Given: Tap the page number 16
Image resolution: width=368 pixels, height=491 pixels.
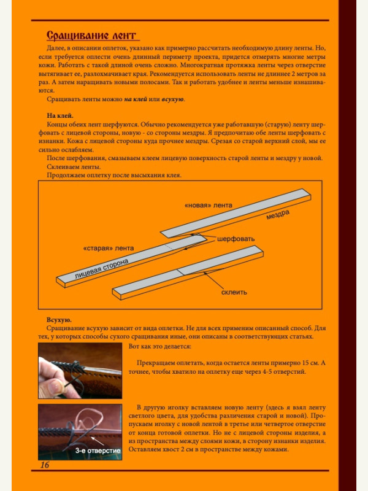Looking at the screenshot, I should pos(45,465).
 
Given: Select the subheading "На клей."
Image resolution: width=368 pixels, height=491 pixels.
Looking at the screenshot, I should pos(60,115).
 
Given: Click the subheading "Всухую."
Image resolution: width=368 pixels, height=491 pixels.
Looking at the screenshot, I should pos(59,320).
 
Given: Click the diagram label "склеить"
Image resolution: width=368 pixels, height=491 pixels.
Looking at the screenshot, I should pos(234,292).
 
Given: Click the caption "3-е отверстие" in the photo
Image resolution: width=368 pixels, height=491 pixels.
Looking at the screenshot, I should pos(98,451).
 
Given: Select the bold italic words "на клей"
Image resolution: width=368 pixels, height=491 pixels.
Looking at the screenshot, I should pos(136,99).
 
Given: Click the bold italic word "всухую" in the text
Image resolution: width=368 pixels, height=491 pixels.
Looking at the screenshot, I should pos(173,99).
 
